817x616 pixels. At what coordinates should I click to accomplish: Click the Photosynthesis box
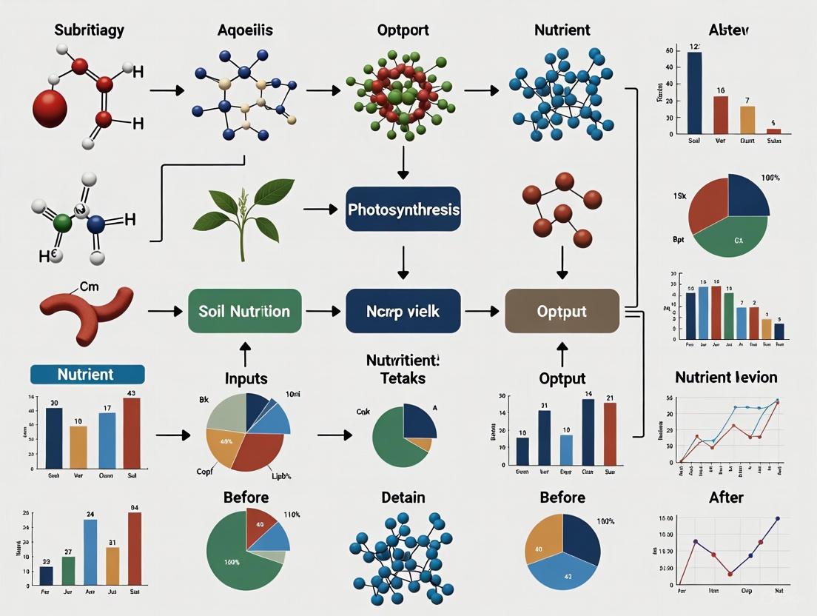click(x=403, y=210)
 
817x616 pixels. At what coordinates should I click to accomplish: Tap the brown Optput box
click(x=562, y=311)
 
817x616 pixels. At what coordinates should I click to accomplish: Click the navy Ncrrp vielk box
click(x=403, y=311)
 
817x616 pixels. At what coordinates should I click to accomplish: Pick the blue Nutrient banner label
click(x=86, y=374)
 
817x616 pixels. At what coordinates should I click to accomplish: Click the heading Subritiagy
click(x=89, y=30)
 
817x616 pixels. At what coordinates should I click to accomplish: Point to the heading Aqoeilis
click(x=246, y=30)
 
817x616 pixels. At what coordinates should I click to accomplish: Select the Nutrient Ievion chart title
click(x=726, y=378)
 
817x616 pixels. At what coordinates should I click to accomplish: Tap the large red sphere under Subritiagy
click(x=50, y=106)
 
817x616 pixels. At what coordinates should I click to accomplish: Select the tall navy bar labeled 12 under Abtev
click(x=694, y=93)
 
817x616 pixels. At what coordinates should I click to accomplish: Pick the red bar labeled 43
click(x=131, y=432)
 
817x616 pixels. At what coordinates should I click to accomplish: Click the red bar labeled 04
click(x=134, y=549)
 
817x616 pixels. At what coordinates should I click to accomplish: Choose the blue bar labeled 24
click(x=90, y=552)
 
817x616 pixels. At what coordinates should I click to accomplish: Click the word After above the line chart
click(x=725, y=498)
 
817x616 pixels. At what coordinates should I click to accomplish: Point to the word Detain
click(x=403, y=498)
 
